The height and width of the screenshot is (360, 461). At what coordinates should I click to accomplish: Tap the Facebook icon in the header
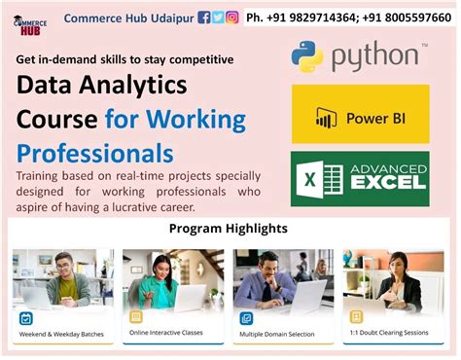point(204,18)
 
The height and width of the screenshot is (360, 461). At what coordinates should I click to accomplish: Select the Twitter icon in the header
point(218,18)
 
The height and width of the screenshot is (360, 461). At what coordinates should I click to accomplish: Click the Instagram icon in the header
point(232,18)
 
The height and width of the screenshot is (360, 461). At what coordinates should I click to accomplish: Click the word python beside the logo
point(375,58)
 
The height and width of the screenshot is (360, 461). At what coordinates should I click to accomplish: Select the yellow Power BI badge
point(360,115)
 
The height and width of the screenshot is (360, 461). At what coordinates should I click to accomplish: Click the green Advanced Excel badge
point(360,179)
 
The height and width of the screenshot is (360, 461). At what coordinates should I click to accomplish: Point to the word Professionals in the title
point(95,153)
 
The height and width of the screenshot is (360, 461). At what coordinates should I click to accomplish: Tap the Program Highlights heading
point(229,230)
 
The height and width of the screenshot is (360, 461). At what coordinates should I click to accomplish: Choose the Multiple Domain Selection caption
point(282,334)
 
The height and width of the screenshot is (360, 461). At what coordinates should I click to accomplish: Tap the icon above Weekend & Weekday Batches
point(25,316)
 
